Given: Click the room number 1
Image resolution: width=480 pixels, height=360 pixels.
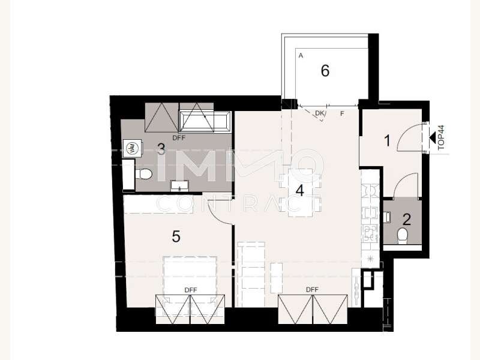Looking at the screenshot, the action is tap(387, 141).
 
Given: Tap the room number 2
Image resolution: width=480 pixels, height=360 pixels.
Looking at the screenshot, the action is tap(407, 220).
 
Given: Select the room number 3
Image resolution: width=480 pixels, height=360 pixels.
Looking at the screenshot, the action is tap(161, 149).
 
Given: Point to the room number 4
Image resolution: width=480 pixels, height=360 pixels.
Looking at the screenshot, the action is tap(299, 190).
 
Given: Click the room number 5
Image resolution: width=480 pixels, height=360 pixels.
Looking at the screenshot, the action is tap(176, 236).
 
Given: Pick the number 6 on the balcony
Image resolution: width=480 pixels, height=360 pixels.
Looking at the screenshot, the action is tap(325, 70).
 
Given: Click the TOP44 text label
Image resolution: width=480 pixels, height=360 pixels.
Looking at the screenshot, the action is tap(441, 137).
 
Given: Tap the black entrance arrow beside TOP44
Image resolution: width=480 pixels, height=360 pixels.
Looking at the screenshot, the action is tap(432, 137).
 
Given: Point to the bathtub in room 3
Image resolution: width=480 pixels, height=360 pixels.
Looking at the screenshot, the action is tap(205, 122).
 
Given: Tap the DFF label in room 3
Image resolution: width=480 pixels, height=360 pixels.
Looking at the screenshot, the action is tap(179, 138).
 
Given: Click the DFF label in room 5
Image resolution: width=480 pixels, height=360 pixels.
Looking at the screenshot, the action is tap(191, 290).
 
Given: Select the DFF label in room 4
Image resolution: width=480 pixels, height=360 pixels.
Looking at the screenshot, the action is tap(312, 289).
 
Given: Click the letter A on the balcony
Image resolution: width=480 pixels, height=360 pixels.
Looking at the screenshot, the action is tap(301, 56).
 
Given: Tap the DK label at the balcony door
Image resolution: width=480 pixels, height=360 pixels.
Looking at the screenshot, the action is tap(320, 113).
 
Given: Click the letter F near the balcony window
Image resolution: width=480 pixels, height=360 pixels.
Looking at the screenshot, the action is tap(342, 113).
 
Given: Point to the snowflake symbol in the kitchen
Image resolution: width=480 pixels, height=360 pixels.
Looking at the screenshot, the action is tap(371, 259).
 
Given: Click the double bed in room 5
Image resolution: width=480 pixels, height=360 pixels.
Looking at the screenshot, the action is tap(190, 279).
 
